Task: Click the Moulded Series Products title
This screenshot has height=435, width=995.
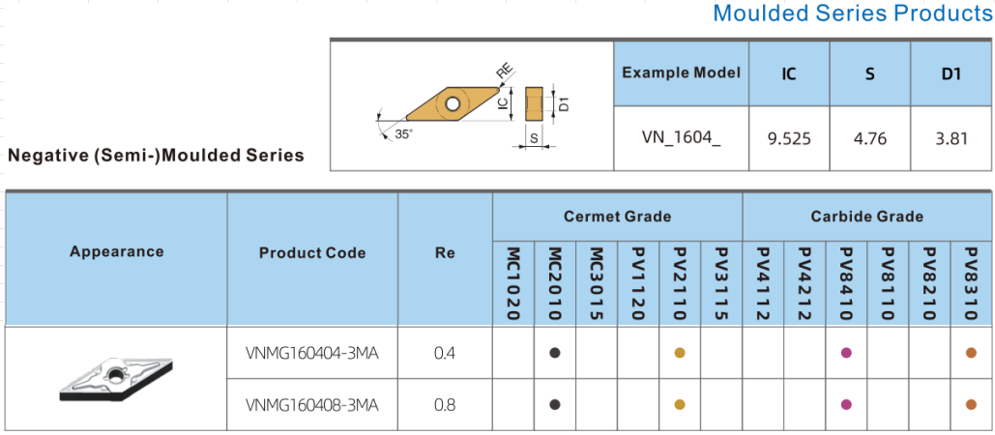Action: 852,14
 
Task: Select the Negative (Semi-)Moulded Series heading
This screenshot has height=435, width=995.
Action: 156,155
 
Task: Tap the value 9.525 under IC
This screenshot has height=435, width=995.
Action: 788,138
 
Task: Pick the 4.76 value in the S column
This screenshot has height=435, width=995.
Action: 869,138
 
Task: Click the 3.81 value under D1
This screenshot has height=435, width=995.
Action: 951,138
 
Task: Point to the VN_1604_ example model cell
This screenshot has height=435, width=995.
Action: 681,138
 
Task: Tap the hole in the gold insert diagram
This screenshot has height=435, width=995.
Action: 452,102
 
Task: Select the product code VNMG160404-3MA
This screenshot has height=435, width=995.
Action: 312,353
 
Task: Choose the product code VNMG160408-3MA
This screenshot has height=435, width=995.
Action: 312,405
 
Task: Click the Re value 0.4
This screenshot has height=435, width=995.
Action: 445,353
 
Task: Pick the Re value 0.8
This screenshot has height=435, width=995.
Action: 445,405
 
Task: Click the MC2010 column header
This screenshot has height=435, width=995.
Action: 555,283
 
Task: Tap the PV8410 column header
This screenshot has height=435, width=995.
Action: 847,283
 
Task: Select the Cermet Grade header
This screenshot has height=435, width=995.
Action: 617,217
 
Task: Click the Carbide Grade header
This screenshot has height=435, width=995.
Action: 867,217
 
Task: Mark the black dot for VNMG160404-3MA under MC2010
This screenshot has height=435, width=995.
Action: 555,353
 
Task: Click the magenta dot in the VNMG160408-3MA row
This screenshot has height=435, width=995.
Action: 847,405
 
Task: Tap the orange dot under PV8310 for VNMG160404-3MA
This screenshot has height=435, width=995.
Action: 972,353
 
